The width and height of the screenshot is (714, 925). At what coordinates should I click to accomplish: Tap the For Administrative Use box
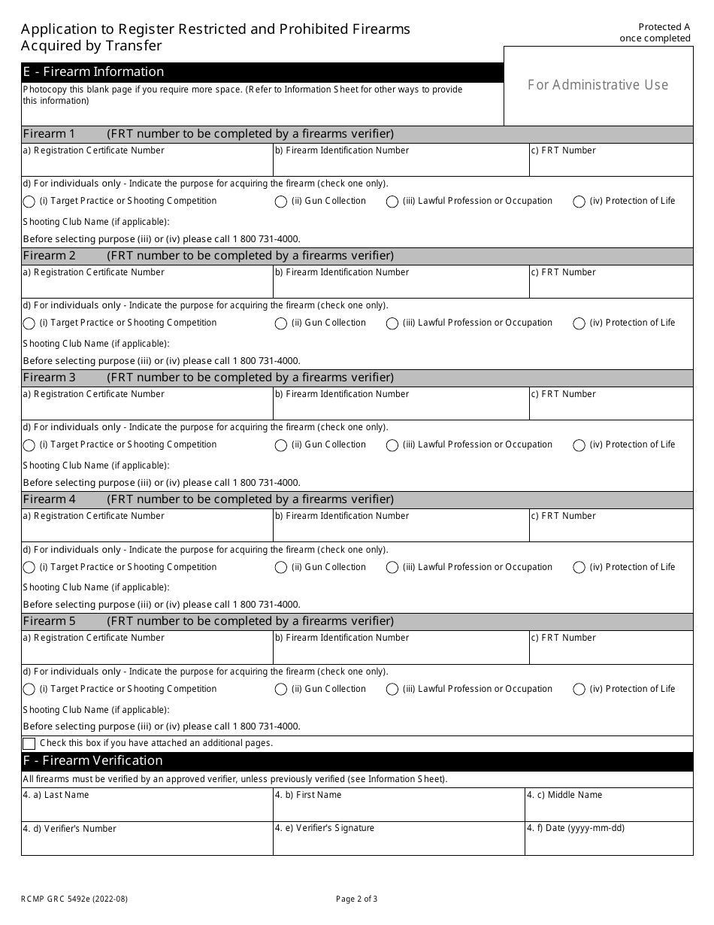coord(598,85)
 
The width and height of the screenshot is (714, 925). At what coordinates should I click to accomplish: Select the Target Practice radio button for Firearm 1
coord(29,202)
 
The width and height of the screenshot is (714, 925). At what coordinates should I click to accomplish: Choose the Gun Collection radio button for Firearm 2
coord(281,323)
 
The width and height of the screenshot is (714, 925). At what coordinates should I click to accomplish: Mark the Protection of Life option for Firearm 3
coord(579,445)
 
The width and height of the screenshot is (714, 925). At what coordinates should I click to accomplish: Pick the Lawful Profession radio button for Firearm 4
coord(392,568)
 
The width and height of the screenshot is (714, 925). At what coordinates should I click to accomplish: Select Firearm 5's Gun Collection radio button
coord(281,690)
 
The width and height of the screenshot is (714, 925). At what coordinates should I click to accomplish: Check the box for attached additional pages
coord(29,744)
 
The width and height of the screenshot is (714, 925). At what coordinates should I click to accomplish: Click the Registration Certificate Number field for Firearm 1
coord(147,165)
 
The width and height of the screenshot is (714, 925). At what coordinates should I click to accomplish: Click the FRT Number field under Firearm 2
coord(610,287)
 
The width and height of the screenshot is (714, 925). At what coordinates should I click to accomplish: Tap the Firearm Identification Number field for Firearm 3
coord(401,408)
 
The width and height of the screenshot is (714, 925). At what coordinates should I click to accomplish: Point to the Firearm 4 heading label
coord(50,499)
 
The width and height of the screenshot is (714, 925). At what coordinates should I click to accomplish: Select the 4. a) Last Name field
coord(147,809)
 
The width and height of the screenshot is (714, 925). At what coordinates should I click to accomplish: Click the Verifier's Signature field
coord(398,843)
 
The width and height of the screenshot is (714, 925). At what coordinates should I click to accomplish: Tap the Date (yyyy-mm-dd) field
coord(609,843)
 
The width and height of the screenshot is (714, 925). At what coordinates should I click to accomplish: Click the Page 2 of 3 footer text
coord(357,899)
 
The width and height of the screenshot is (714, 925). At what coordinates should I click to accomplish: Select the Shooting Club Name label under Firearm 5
coord(96,710)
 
